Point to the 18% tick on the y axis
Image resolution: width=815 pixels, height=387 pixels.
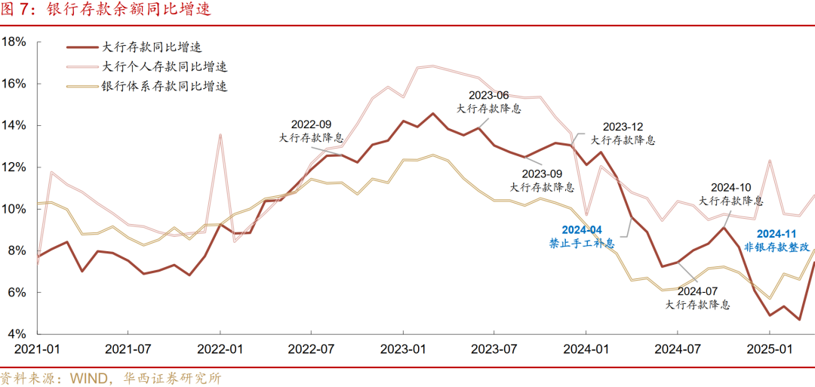click(14, 41)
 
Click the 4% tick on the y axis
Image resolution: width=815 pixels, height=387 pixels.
click(17, 333)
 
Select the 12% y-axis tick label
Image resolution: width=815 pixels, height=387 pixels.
click(14, 167)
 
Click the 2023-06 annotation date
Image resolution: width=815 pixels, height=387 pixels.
click(488, 95)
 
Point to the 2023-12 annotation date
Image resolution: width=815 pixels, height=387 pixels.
click(623, 127)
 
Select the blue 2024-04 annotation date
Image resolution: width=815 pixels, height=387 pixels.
click(582, 230)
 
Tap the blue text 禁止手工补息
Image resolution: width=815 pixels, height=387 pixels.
click(582, 244)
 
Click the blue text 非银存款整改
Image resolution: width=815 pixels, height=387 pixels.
click(777, 247)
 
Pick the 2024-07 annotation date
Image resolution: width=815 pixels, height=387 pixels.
click(698, 291)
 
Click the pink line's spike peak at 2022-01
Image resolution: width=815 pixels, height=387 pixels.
click(220, 135)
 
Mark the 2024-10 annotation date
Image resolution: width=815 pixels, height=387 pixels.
click(730, 188)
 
